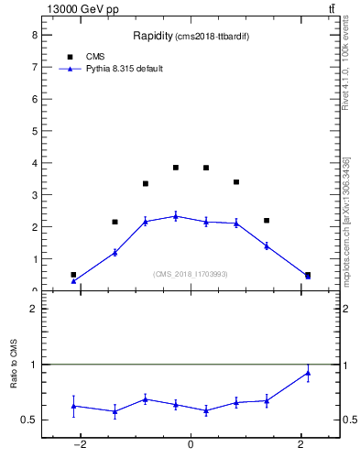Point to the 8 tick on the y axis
pos(33,35)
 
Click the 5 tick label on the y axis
pos(33,131)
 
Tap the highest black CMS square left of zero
pos(176,168)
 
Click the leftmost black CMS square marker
pos(73,275)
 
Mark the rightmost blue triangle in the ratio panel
pos(308,372)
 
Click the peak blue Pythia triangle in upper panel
pos(176,216)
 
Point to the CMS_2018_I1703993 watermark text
pos(190,274)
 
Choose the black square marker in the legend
pos(70,57)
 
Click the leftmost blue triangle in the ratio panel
pos(73,406)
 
